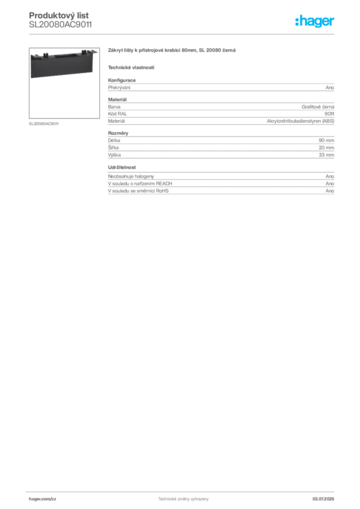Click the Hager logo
(315, 21)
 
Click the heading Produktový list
(59, 15)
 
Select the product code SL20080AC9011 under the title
(60, 25)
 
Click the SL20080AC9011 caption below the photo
(44, 124)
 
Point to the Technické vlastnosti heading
(131, 68)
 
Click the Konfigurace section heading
(122, 80)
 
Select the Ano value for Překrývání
(330, 87)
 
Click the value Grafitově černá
(318, 107)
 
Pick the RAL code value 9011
(329, 114)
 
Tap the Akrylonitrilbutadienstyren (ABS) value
(301, 121)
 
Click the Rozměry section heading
(118, 133)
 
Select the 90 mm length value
(326, 141)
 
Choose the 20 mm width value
(326, 148)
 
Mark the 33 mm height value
(326, 155)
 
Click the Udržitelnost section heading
(122, 168)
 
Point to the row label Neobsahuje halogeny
(131, 176)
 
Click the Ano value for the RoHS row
(330, 191)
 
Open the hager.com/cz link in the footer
(43, 499)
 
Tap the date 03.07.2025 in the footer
(323, 499)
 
